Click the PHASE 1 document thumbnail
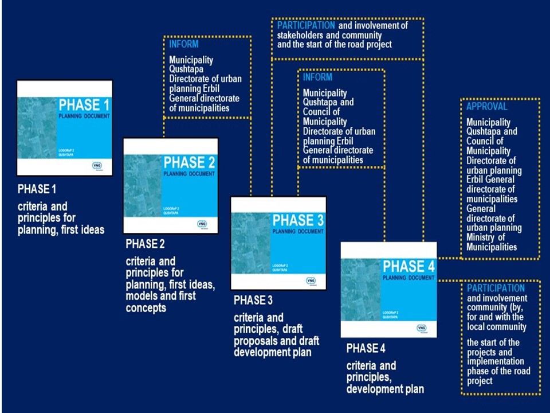[65, 128]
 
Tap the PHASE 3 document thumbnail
[278, 243]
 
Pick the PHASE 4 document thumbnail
[388, 289]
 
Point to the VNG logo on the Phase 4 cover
[422, 328]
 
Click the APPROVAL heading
[486, 107]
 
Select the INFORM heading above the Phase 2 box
[183, 44]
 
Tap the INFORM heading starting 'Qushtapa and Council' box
[317, 77]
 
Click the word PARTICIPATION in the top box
[306, 25]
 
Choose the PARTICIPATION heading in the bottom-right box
[496, 288]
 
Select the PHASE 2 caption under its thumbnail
[146, 244]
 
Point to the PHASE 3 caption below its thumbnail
[253, 300]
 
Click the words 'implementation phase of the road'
[496, 367]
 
